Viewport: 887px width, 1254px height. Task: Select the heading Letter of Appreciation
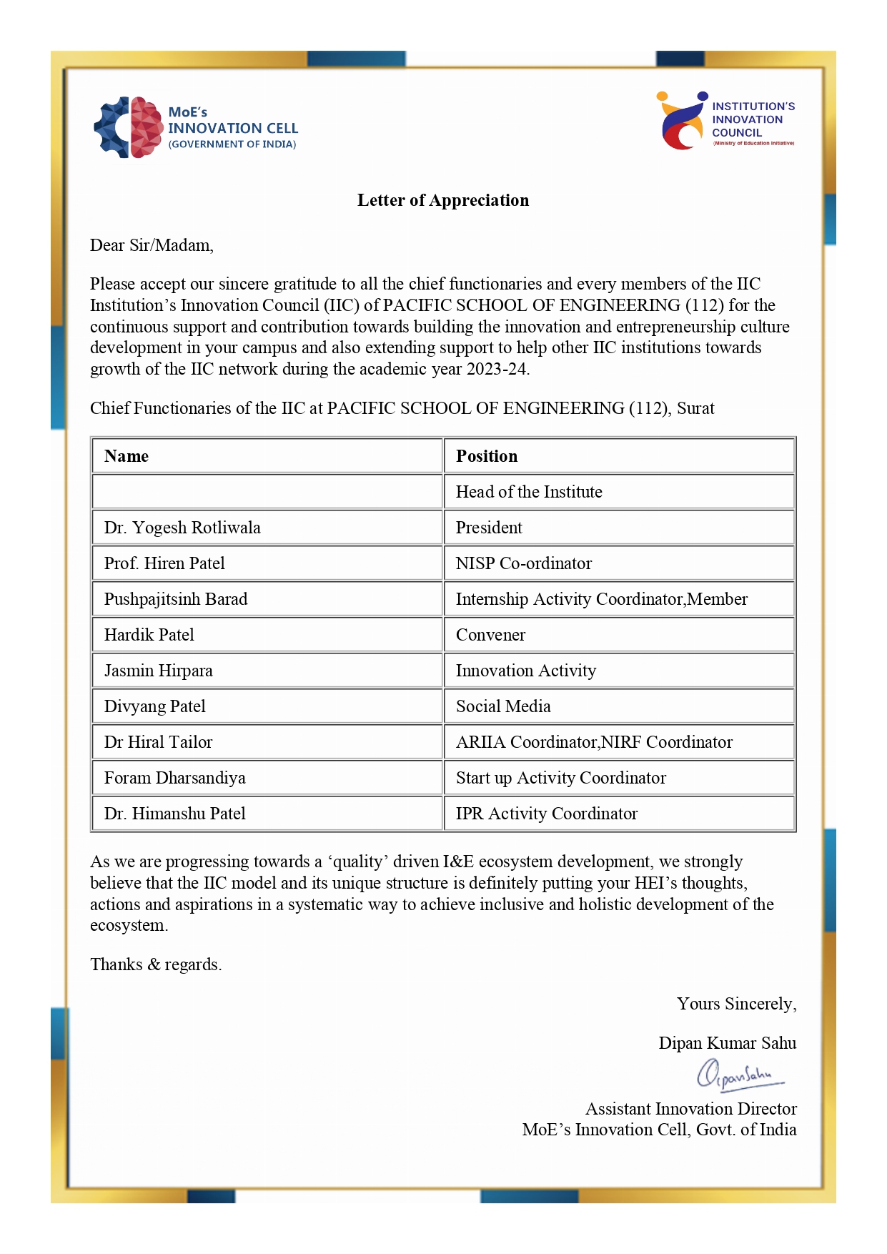coord(443,200)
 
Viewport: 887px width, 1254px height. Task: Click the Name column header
coord(127,456)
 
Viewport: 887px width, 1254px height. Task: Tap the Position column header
coord(487,456)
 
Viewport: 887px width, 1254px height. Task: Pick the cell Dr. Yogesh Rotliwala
coord(182,528)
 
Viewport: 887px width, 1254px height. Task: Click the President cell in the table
coord(489,528)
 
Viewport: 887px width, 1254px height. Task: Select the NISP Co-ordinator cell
coord(524,563)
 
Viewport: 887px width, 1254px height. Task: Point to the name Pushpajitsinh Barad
coord(176,599)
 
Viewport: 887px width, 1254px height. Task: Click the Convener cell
coord(490,635)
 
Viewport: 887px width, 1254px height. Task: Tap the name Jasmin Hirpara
coord(159,671)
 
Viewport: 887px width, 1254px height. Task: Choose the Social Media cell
coord(503,706)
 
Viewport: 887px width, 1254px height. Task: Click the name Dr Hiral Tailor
coord(158,742)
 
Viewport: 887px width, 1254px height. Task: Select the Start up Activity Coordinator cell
coord(561,778)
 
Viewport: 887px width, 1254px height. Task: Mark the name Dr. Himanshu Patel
coord(175,814)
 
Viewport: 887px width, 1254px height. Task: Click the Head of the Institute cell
coord(529,492)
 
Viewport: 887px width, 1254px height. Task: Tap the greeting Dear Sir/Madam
coord(152,245)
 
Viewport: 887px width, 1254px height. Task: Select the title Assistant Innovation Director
coord(690,1109)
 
